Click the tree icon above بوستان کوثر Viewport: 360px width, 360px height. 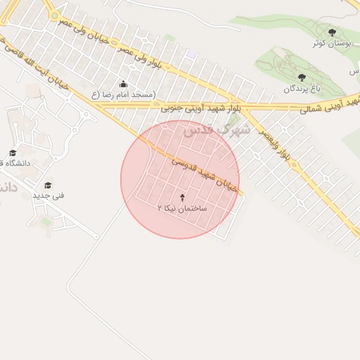pyautogui.click(x=332, y=32)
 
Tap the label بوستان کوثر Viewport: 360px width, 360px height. pyautogui.click(x=332, y=44)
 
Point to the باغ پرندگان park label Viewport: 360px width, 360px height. pyautogui.click(x=302, y=89)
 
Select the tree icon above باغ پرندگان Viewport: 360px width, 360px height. pyautogui.click(x=302, y=77)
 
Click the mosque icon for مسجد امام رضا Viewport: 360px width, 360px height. pyautogui.click(x=124, y=84)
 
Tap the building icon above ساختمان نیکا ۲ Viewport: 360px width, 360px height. pyautogui.click(x=184, y=198)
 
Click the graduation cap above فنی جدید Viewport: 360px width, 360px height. pyautogui.click(x=49, y=185)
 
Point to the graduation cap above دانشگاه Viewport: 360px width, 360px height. pyautogui.click(x=13, y=153)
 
